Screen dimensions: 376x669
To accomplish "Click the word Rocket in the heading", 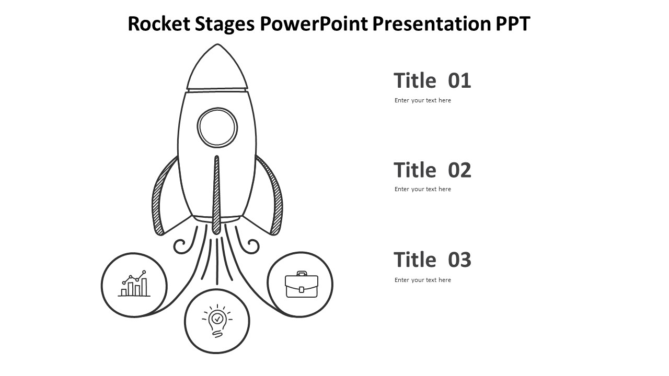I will [x=159, y=23].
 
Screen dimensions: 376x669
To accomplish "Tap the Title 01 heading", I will [x=432, y=81].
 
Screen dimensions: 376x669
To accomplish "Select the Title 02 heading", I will [x=432, y=170].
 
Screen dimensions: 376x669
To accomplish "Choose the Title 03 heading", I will [x=432, y=260].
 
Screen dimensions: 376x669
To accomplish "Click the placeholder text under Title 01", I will [x=422, y=100].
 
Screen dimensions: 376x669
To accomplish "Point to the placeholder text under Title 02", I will [x=422, y=189].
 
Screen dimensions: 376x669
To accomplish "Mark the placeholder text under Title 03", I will [x=422, y=280].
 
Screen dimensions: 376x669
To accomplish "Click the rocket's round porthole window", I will [x=217, y=127].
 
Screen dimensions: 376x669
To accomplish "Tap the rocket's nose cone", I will [x=217, y=68].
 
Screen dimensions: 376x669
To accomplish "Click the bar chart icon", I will [x=134, y=284].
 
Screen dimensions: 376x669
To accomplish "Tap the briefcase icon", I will [x=301, y=285].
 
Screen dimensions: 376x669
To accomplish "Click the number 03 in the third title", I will [x=459, y=260].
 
